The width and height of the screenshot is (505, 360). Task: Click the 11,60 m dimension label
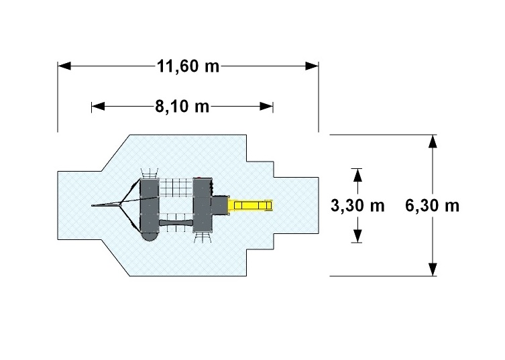pos(188,66)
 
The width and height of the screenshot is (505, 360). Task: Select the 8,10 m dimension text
pos(182,107)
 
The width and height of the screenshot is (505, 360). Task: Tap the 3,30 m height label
pos(357,205)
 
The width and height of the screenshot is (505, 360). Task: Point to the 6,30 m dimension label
pos(432,205)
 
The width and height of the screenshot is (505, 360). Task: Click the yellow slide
pos(251,205)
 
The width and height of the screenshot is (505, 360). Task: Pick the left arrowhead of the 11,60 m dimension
pos(64,66)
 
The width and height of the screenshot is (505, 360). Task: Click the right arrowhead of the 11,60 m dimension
pos(312,66)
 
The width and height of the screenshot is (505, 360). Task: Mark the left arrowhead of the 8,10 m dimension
pos(98,107)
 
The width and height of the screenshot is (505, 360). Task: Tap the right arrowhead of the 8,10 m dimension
pos(267,107)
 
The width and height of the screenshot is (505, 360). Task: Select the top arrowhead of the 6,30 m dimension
pos(433,141)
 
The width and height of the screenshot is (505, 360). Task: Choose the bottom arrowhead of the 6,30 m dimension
pos(433,269)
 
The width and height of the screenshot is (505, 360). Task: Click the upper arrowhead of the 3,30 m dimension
pos(357,175)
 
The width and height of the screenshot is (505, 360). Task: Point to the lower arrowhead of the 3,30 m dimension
pos(357,236)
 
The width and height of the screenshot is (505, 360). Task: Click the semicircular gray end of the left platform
pos(150,236)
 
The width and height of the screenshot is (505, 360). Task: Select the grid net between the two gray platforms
pos(176,188)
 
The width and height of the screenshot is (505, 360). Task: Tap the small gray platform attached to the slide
pos(220,205)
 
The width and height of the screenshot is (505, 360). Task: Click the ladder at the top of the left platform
pos(150,173)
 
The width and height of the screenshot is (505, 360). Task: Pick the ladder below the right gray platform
pos(203,237)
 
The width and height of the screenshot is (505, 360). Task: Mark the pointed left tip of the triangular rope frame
pos(92,205)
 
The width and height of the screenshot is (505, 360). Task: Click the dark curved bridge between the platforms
pos(176,223)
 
